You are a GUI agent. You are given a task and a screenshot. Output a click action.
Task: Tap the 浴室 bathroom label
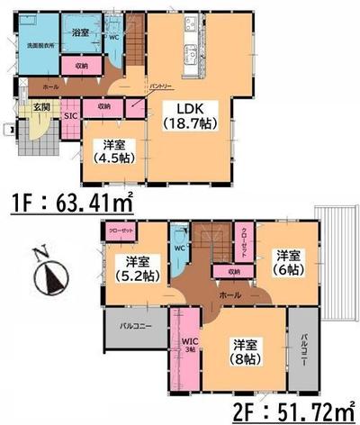click(x=78, y=32)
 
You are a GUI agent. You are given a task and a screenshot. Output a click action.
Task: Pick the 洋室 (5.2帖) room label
click(x=132, y=269)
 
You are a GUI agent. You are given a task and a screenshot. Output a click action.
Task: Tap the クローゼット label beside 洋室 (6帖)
click(x=245, y=240)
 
